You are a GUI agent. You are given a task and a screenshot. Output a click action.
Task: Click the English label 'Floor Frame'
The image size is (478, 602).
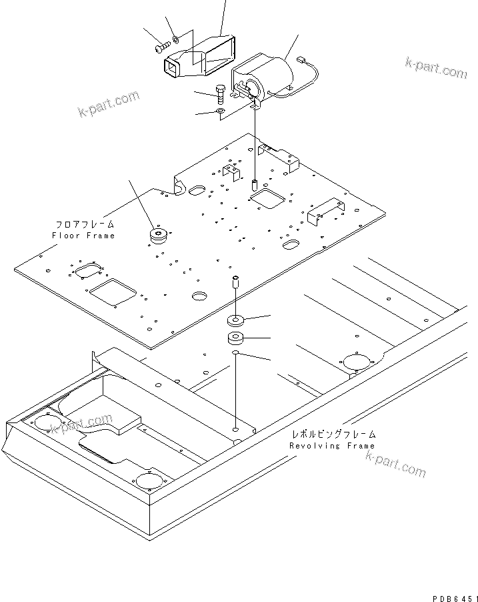coord(83,236)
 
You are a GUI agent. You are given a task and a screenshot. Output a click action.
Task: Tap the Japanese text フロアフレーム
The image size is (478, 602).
coord(85,225)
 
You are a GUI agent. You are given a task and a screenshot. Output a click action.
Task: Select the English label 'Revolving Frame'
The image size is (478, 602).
coord(332,446)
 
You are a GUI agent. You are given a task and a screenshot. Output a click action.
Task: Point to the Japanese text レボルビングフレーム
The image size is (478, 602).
coord(332,434)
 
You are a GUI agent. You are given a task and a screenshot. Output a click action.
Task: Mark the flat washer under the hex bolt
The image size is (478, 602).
coord(221,111)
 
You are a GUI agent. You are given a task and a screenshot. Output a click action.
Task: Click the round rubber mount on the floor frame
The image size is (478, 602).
coord(159,236)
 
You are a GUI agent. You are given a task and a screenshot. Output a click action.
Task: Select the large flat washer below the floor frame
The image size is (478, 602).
coord(235,318)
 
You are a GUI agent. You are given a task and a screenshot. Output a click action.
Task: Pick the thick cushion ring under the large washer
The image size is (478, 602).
coord(235,337)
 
